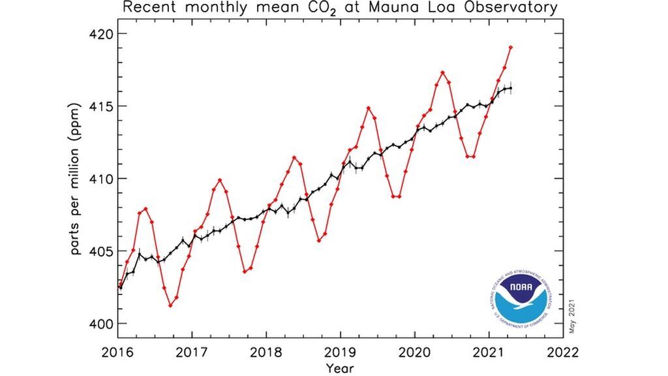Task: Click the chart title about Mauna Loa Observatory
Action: point(341,9)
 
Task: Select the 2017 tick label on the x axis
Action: point(192,351)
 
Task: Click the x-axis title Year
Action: point(341,368)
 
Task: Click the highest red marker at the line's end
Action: point(510,47)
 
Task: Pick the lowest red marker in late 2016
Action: point(170,305)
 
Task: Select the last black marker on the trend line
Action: point(510,88)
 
